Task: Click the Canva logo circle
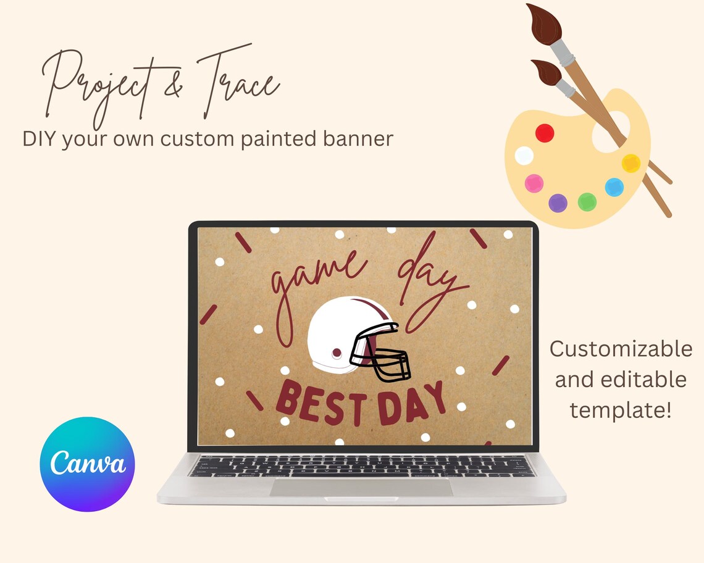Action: pyautogui.click(x=87, y=464)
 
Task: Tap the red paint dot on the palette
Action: pyautogui.click(x=545, y=133)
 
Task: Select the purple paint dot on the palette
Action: pyautogui.click(x=558, y=202)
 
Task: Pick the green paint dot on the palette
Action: pyautogui.click(x=587, y=201)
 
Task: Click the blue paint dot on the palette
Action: pyautogui.click(x=614, y=186)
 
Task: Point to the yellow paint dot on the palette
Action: pyautogui.click(x=631, y=163)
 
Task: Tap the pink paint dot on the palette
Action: pyautogui.click(x=534, y=183)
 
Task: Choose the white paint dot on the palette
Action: pyautogui.click(x=524, y=156)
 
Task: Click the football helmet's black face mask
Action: pyautogui.click(x=380, y=358)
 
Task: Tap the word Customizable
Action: pyautogui.click(x=621, y=349)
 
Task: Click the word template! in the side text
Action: pyautogui.click(x=620, y=409)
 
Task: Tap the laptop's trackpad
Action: pyautogui.click(x=361, y=488)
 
